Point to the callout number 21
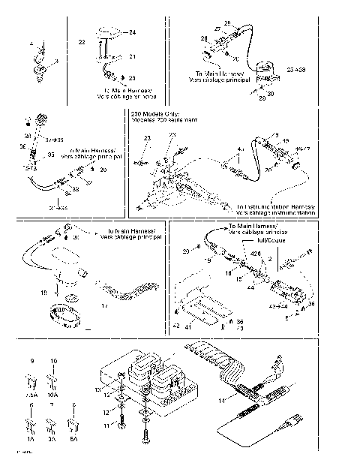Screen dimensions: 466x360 pyautogui.click(x=132, y=57)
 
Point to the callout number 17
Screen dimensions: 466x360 pyautogui.click(x=104, y=306)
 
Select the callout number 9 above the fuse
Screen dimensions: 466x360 pyautogui.click(x=31, y=361)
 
